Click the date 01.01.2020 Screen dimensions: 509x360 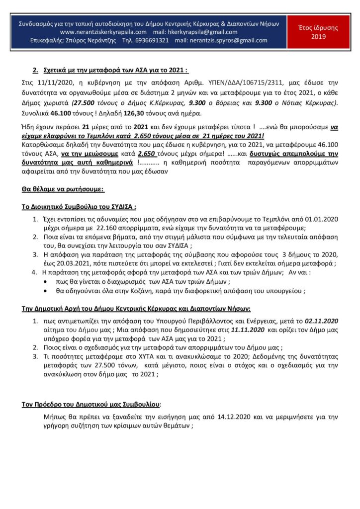click(321, 219)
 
